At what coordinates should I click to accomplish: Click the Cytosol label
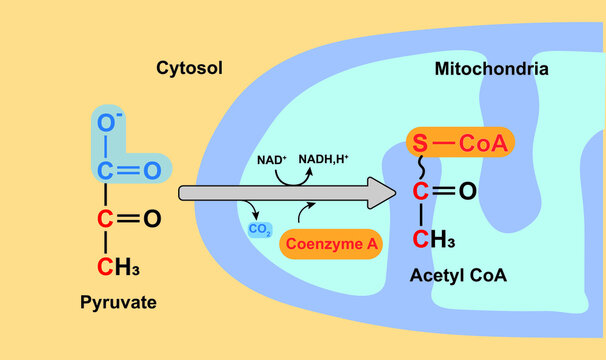tap(189, 68)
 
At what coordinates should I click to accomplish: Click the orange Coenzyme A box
tap(331, 243)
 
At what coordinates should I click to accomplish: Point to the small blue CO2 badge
tap(259, 228)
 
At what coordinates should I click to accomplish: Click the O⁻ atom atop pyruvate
tap(105, 125)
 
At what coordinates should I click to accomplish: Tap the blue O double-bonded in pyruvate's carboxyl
tap(152, 170)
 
